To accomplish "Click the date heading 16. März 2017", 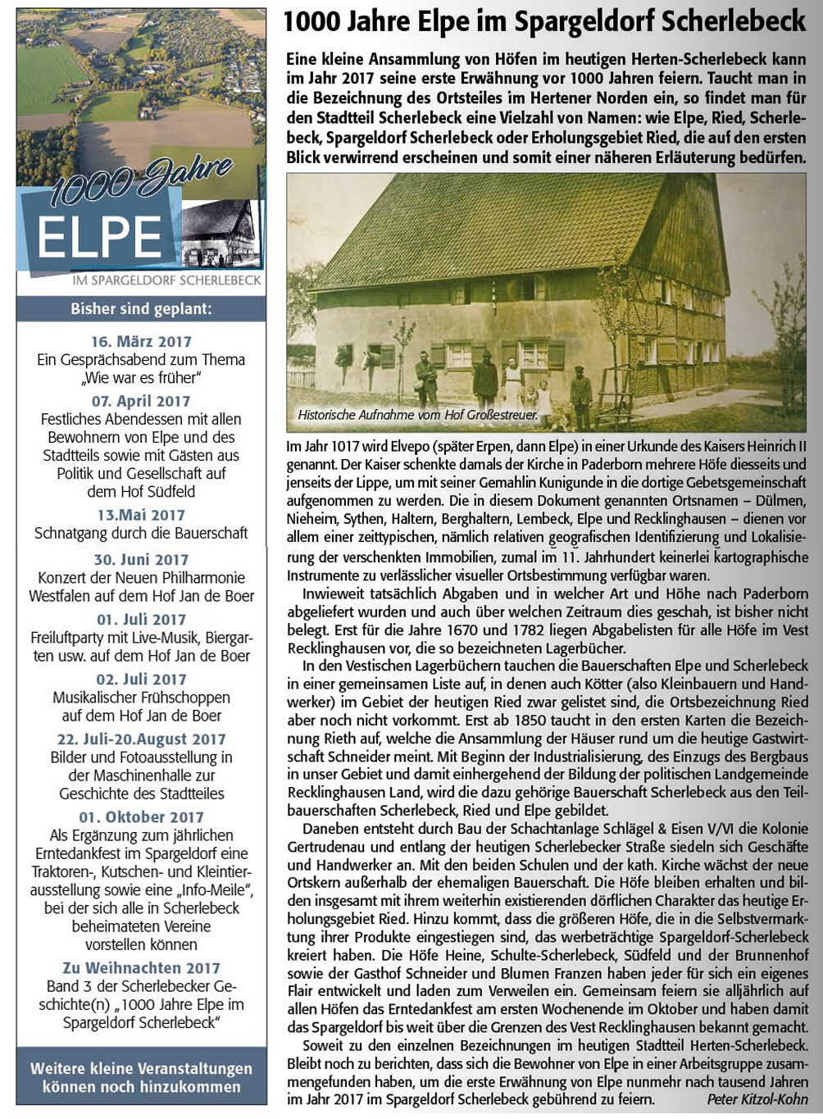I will pyautogui.click(x=141, y=341).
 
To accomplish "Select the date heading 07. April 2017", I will pyautogui.click(x=141, y=401).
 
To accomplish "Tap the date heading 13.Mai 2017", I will pyautogui.click(x=141, y=515).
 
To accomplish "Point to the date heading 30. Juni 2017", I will pyautogui.click(x=141, y=559).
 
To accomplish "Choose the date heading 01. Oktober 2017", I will pyautogui.click(x=141, y=817).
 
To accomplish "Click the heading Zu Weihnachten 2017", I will pyautogui.click(x=141, y=967).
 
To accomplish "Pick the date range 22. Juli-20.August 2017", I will pyautogui.click(x=141, y=739).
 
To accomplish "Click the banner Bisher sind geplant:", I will pyautogui.click(x=141, y=309).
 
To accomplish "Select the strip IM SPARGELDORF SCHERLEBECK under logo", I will pyautogui.click(x=166, y=280).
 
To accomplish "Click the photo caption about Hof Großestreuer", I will pyautogui.click(x=417, y=415).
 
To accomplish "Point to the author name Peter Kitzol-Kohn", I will pyautogui.click(x=757, y=1099).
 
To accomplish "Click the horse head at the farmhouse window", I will pyautogui.click(x=343, y=356).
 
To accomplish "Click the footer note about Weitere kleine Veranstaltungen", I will pyautogui.click(x=141, y=1077).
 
